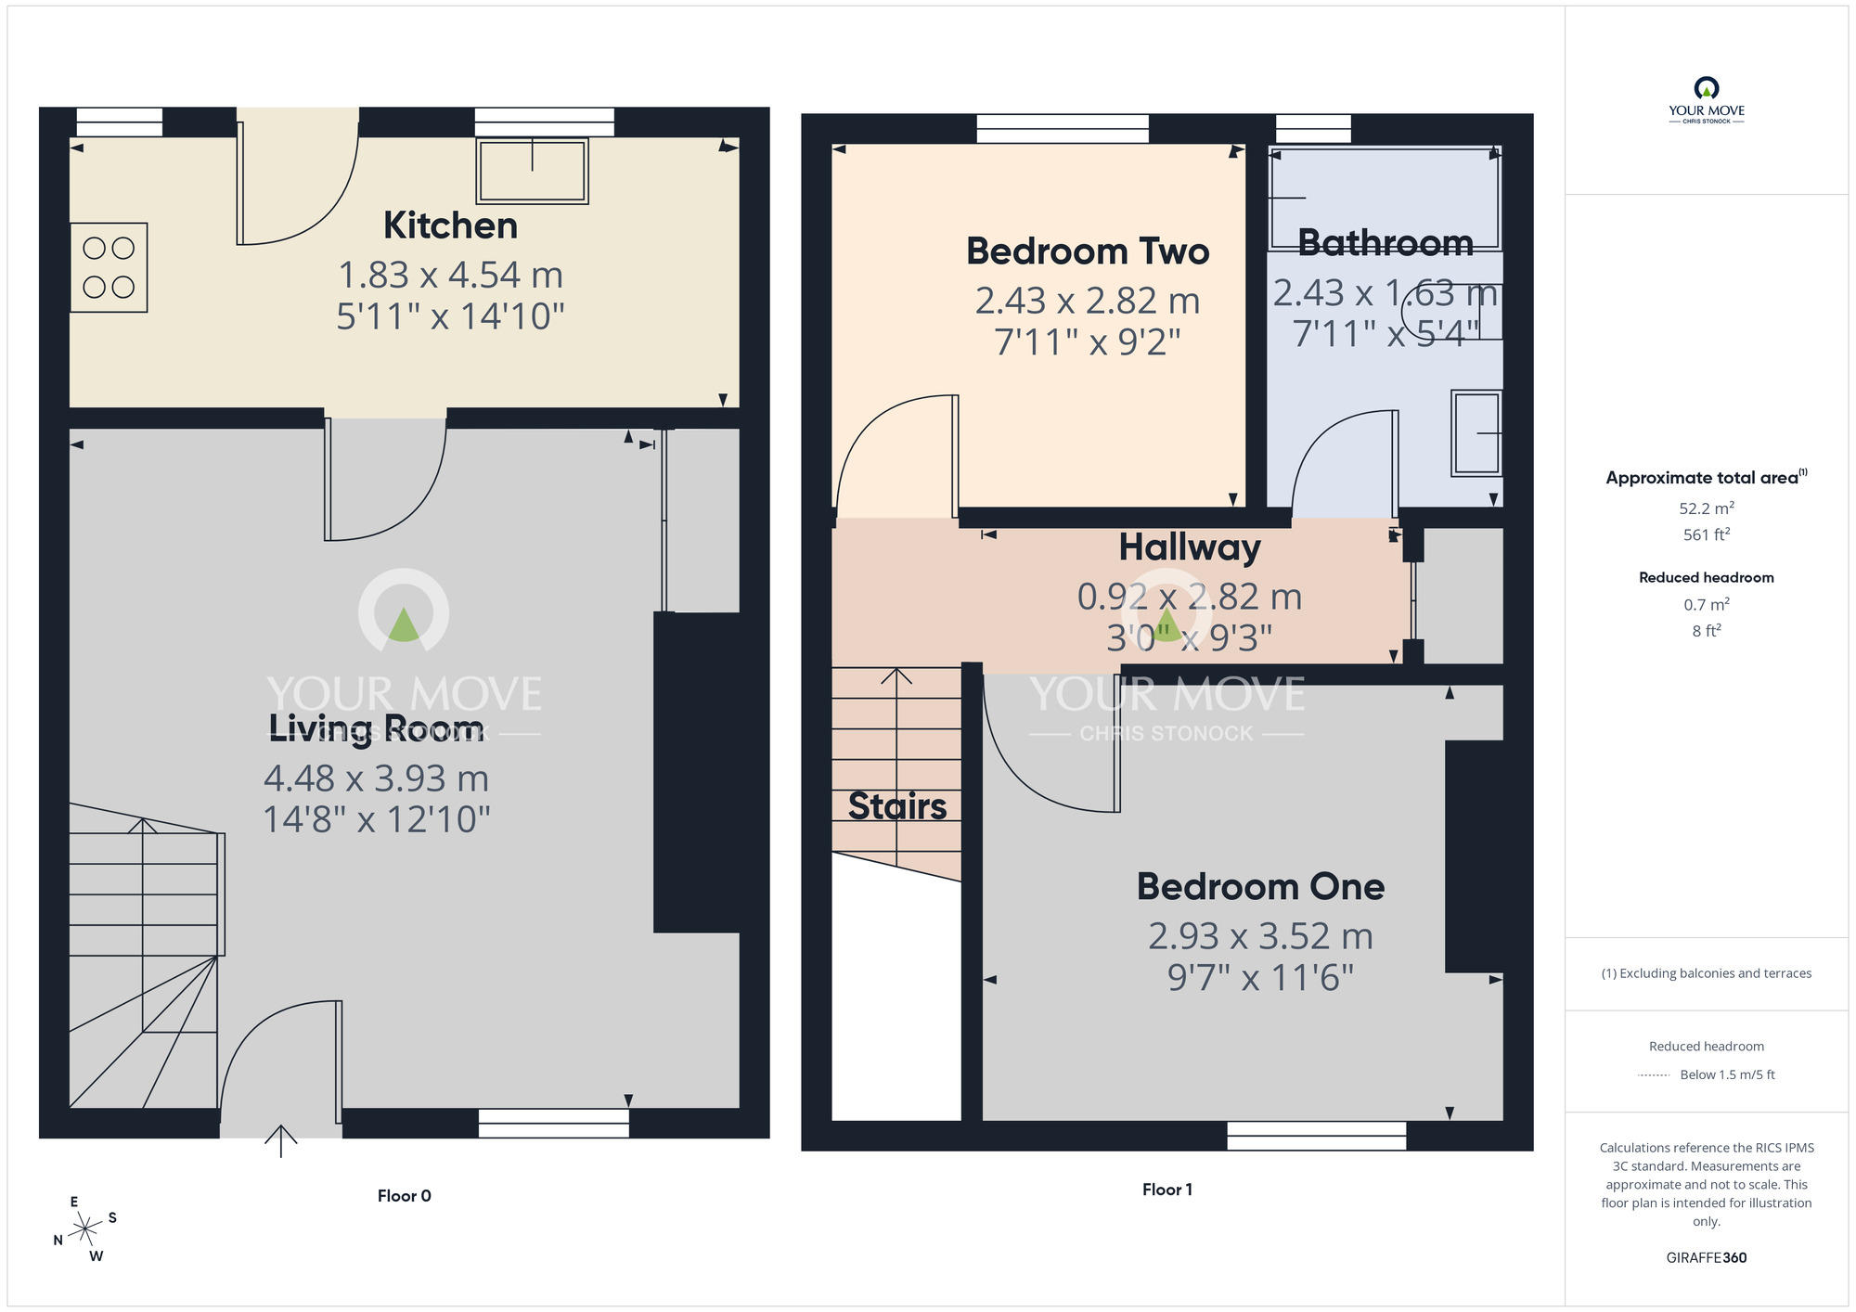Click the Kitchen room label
[x=450, y=225]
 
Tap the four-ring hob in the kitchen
[x=109, y=267]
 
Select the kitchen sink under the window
[x=533, y=171]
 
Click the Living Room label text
[x=376, y=727]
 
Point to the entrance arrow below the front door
[x=281, y=1140]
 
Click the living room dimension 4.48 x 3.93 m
[x=376, y=778]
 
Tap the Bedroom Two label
[x=1088, y=251]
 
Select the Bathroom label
[x=1385, y=243]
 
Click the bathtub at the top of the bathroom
[x=1385, y=197]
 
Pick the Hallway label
[x=1189, y=547]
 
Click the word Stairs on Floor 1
[x=897, y=806]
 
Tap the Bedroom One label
[x=1260, y=887]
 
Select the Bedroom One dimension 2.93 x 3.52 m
[x=1260, y=936]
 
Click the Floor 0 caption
[x=404, y=1196]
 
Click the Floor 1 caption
[x=1166, y=1190]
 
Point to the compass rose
[x=85, y=1229]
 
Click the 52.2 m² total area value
[x=1706, y=508]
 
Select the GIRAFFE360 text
[x=1706, y=1258]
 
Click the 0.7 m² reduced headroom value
[x=1706, y=605]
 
